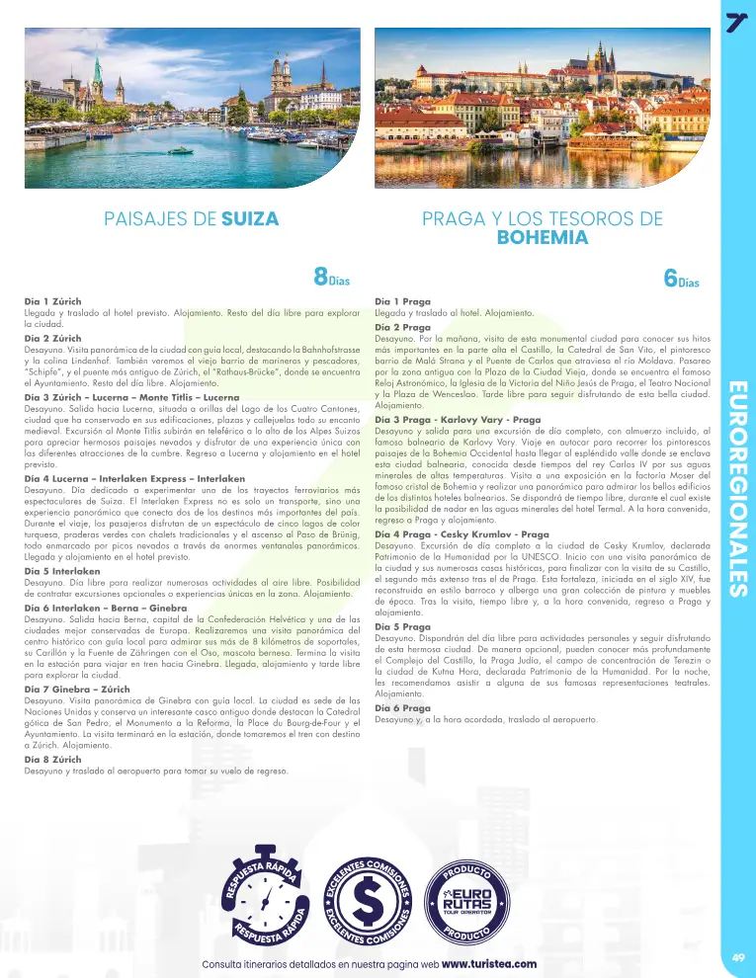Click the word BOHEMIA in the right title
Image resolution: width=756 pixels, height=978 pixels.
(x=542, y=238)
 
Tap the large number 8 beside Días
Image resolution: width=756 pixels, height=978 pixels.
(x=321, y=276)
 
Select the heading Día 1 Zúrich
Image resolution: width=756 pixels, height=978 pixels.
(x=52, y=298)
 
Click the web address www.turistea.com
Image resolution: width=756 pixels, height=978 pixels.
(x=489, y=963)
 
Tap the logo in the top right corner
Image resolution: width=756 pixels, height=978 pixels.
(x=735, y=21)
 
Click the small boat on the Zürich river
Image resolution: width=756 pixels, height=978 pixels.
(x=181, y=150)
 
